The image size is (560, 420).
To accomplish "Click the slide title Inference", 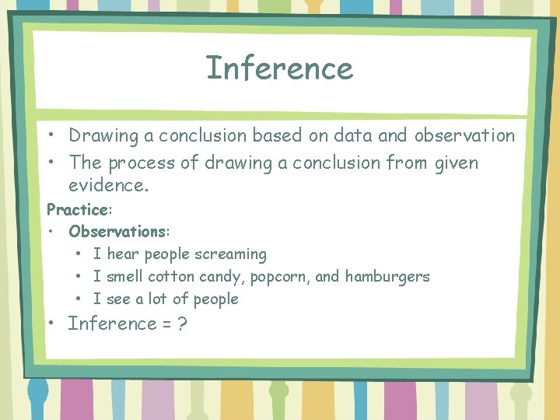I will click(x=279, y=68).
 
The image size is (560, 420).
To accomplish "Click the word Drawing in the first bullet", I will click(x=100, y=135).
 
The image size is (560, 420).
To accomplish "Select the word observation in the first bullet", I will click(x=464, y=135).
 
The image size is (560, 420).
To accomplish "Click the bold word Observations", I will click(x=117, y=231).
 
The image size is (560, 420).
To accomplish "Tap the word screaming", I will click(x=230, y=254).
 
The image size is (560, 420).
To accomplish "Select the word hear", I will click(x=123, y=254).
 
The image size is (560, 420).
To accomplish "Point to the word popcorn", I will click(x=255, y=277).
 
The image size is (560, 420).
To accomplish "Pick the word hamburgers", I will click(x=387, y=277).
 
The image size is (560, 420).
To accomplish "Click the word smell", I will click(x=124, y=277).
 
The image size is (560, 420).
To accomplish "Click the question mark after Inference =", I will click(x=181, y=324).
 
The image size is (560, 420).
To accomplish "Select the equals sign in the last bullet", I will click(x=166, y=324).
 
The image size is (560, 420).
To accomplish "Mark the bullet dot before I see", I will click(x=80, y=299).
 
